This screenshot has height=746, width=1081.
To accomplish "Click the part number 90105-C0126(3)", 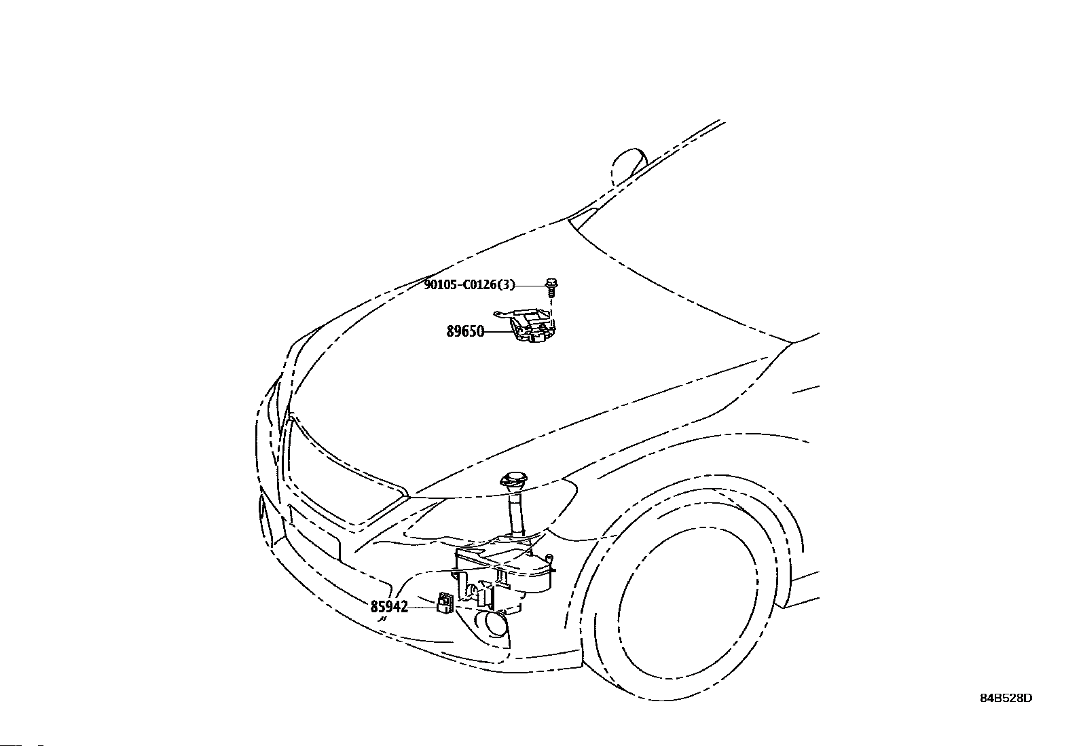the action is pyautogui.click(x=470, y=285).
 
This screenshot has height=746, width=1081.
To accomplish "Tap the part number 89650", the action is pyautogui.click(x=464, y=332).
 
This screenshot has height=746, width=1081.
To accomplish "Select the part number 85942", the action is pyautogui.click(x=389, y=607).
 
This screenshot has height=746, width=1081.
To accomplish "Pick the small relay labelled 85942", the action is pyautogui.click(x=445, y=603).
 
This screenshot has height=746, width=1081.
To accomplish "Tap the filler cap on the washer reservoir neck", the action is pyautogui.click(x=513, y=481).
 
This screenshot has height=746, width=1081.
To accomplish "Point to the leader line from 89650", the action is pyautogui.click(x=497, y=332).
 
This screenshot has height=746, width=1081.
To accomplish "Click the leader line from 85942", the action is pyautogui.click(x=423, y=608).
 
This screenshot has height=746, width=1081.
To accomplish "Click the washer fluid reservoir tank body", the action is pyautogui.click(x=505, y=570).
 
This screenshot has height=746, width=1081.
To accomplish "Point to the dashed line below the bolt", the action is pyautogui.click(x=551, y=304).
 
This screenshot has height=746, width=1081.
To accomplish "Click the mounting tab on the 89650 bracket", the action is pyautogui.click(x=502, y=315).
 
